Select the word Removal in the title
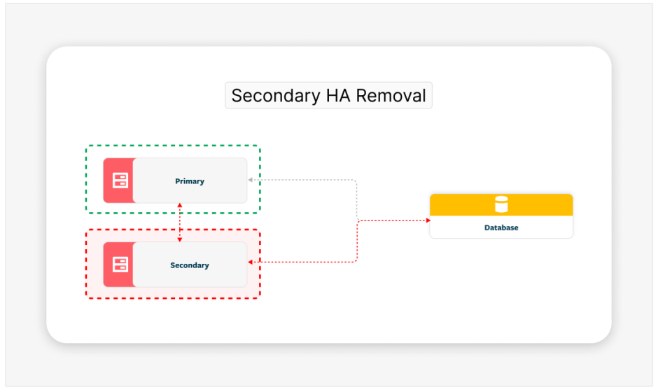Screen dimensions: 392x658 tap(391, 96)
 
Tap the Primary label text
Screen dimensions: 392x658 tap(190, 181)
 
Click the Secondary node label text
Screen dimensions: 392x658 tap(190, 265)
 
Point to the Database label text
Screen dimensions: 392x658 tap(501, 227)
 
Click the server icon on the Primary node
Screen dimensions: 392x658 tap(120, 181)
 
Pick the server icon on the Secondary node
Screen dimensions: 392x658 tap(120, 265)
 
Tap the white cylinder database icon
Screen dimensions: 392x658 tap(501, 204)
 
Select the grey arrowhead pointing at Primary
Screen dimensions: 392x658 tap(251, 181)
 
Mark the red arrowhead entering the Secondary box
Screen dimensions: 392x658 tap(251, 262)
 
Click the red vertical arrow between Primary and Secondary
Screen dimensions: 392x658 tap(180, 223)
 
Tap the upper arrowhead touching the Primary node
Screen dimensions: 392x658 tap(180, 206)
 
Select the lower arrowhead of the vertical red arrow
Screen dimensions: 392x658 tap(180, 239)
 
